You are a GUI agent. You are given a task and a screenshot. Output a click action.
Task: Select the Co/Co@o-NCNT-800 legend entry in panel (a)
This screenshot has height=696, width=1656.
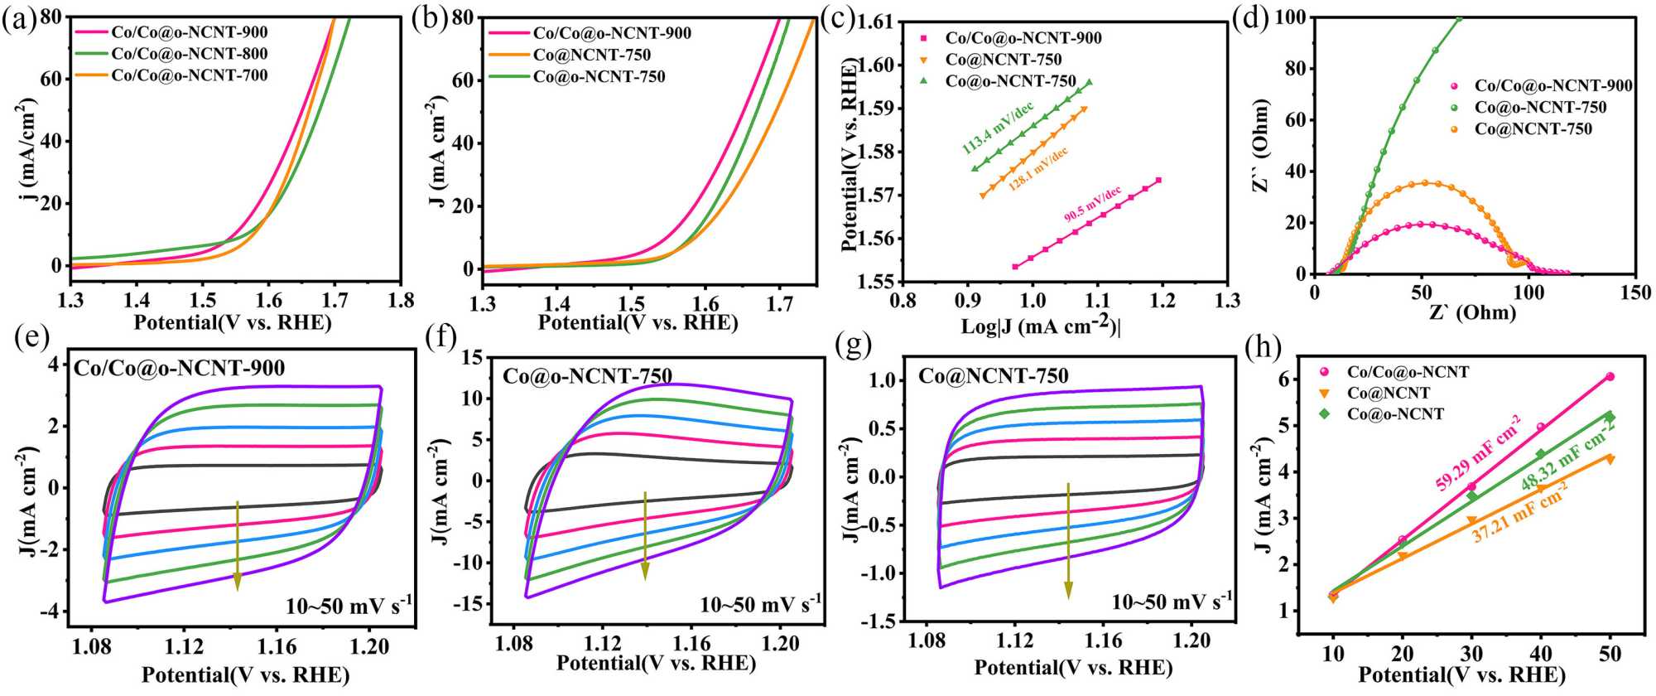[190, 54]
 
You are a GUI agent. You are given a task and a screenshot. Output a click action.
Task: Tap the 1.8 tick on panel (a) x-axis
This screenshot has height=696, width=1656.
[402, 298]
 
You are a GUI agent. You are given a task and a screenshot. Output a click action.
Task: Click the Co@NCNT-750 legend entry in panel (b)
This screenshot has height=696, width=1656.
[591, 56]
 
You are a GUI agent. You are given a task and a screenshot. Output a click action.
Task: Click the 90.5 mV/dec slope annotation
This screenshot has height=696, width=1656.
[1092, 204]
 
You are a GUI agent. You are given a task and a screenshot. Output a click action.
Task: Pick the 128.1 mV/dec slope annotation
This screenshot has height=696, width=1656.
[1037, 170]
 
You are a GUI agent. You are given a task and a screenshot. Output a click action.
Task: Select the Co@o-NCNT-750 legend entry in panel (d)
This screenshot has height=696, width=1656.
[1539, 108]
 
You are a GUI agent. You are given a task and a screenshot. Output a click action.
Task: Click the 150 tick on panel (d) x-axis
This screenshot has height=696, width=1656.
[1634, 292]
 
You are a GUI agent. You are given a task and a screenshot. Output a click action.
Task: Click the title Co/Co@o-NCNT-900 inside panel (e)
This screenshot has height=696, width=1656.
[180, 368]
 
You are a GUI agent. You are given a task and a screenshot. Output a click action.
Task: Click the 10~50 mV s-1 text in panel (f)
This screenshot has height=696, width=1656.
[760, 603]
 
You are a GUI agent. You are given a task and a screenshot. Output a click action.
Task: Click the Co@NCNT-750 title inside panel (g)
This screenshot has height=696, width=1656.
[993, 376]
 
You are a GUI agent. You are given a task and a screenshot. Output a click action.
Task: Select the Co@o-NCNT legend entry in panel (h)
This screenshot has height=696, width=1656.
[1395, 414]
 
